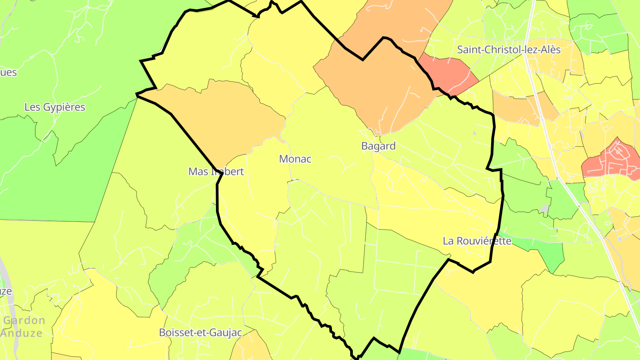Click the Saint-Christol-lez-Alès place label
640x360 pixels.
click(x=508, y=49)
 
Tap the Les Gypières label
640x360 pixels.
click(x=55, y=107)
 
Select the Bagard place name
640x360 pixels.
click(x=378, y=146)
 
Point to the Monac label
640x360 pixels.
click(x=295, y=159)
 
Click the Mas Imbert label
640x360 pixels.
click(x=216, y=172)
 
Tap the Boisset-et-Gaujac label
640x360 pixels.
click(x=200, y=332)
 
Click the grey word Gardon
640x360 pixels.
click(x=24, y=320)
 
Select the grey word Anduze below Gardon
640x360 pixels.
click(x=21, y=333)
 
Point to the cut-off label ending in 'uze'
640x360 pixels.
click(x=6, y=291)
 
